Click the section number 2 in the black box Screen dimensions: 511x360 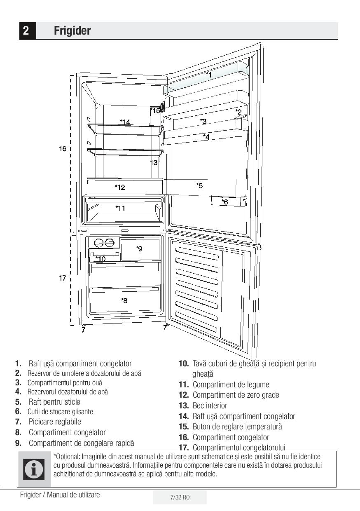(26, 31)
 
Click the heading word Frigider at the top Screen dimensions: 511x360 (72, 31)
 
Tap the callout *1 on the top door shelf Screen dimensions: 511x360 (209, 75)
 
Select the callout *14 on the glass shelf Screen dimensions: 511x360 (125, 122)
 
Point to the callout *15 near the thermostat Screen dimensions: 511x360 (155, 110)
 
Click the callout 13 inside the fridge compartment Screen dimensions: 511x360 (153, 163)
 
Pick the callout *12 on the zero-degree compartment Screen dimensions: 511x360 (120, 188)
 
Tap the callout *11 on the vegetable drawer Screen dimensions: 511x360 (120, 209)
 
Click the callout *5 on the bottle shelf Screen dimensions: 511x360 (199, 186)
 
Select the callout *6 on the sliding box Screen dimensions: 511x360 (224, 202)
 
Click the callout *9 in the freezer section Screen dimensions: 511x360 (139, 248)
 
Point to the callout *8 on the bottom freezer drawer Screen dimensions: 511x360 (124, 300)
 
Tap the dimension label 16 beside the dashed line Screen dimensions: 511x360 (62, 149)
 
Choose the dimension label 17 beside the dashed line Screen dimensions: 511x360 (62, 278)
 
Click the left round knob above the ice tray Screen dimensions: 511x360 (99, 243)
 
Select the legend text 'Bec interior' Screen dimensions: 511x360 (210, 406)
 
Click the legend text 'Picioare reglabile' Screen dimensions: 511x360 (55, 422)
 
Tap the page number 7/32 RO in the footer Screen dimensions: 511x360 (180, 497)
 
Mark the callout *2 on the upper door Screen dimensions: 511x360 (238, 112)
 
